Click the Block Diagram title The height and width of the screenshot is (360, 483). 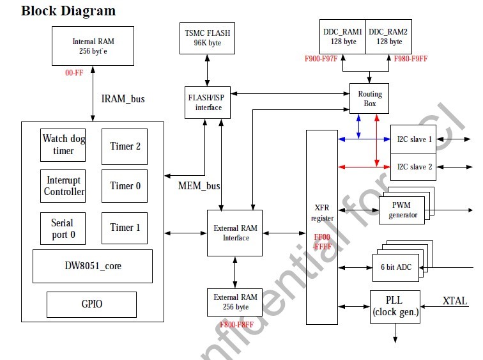pos(69,11)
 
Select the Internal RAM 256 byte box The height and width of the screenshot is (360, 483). pos(93,46)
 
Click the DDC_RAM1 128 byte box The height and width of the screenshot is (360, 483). pos(342,36)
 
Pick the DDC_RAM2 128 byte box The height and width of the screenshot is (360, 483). pos(388,36)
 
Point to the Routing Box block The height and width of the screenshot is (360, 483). pos(369,98)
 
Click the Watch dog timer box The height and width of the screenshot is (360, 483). pos(63,145)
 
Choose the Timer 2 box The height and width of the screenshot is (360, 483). pos(125,146)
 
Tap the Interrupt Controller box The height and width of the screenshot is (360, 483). pos(64,186)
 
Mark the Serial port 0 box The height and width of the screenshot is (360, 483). pos(63,228)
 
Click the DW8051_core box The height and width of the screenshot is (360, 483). pos(93,266)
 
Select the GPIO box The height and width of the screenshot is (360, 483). pos(91,304)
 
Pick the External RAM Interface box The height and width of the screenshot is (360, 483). pos(234,233)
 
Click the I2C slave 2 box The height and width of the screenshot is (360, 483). pos(413,167)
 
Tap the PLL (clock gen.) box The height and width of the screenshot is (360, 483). pos(395,306)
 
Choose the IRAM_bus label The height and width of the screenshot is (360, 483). pos(123,98)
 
